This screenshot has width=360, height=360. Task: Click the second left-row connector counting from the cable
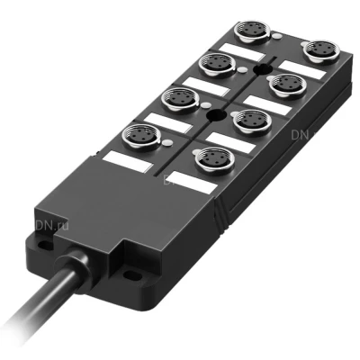[178, 100]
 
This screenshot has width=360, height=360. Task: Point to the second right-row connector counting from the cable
[249, 121]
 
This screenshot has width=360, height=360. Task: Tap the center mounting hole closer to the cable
[214, 116]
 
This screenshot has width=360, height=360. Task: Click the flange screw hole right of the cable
[136, 275]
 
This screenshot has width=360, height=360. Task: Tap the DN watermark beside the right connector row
[301, 136]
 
